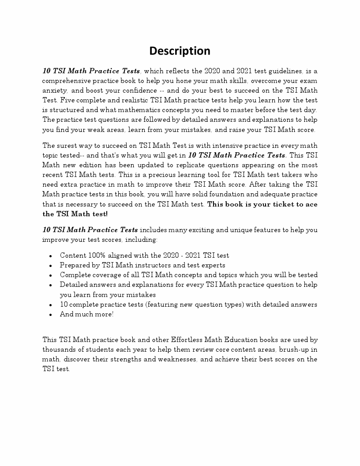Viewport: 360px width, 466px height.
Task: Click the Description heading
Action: pyautogui.click(x=180, y=51)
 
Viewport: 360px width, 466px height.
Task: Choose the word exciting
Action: pyautogui.click(x=195, y=230)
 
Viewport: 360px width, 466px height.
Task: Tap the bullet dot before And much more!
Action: pyautogui.click(x=51, y=315)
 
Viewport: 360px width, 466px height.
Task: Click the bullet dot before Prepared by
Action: pyautogui.click(x=51, y=266)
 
